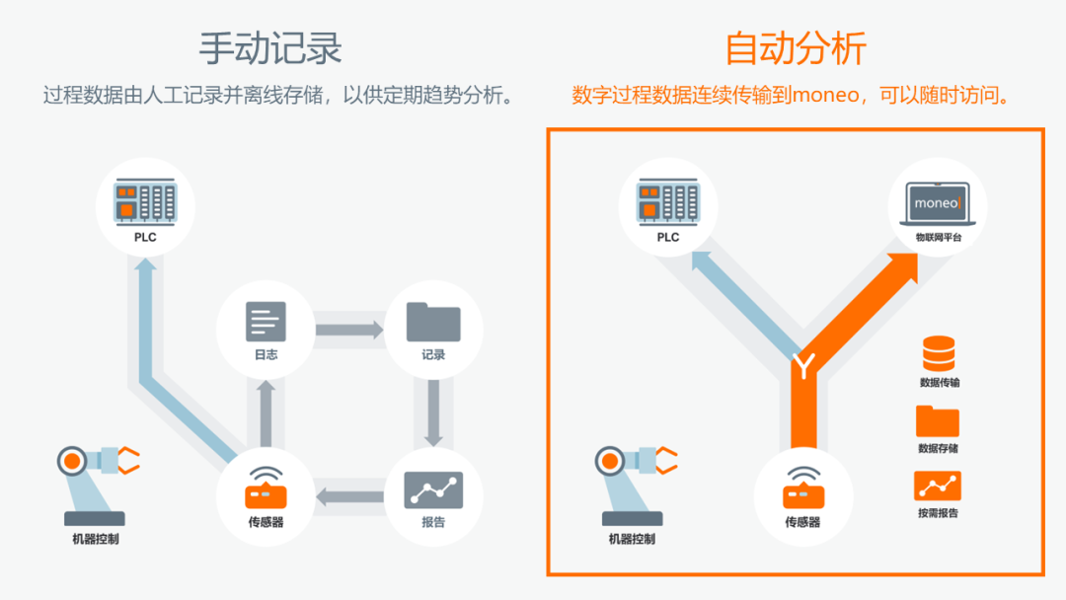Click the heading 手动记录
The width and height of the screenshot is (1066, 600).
(x=270, y=47)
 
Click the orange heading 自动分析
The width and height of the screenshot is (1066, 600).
(x=795, y=47)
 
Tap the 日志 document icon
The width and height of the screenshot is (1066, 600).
(x=266, y=322)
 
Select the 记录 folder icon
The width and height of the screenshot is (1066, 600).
(x=433, y=322)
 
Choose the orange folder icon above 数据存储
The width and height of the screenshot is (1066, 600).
(x=938, y=420)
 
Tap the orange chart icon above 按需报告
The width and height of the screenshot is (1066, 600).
(x=938, y=487)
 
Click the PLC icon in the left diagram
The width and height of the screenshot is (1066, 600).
(x=145, y=200)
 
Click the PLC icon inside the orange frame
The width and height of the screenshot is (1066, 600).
(x=668, y=200)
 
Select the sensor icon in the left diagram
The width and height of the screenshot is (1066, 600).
(x=266, y=487)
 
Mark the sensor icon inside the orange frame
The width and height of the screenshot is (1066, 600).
(x=802, y=487)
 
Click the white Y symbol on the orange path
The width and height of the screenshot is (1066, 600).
(x=804, y=367)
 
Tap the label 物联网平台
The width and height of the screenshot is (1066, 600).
(x=938, y=238)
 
